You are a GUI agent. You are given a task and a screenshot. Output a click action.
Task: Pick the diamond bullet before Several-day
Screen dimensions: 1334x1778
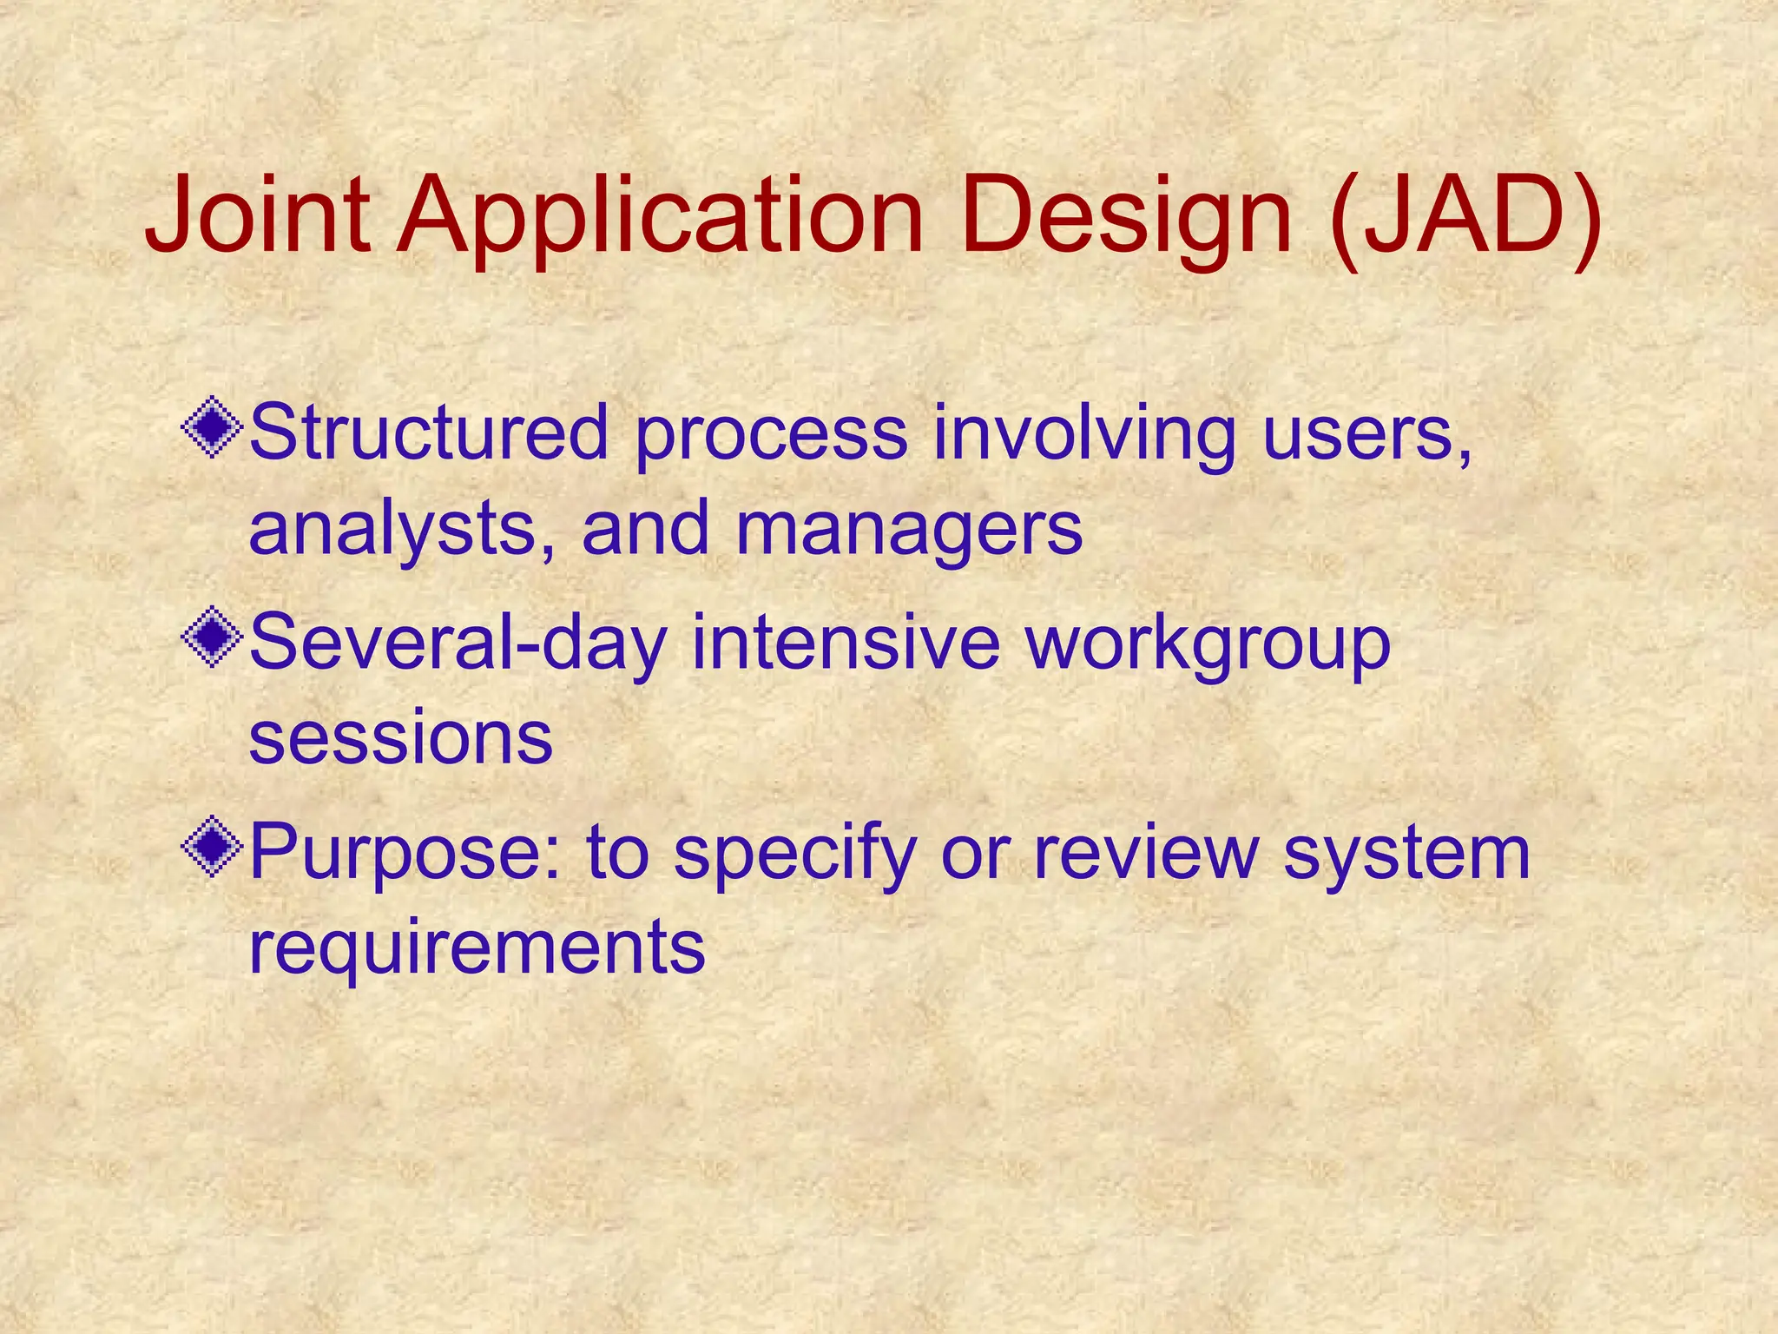tap(212, 638)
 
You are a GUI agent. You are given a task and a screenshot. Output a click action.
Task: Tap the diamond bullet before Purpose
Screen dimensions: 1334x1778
tap(212, 849)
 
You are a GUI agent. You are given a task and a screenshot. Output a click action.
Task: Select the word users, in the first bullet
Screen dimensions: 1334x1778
tap(1367, 434)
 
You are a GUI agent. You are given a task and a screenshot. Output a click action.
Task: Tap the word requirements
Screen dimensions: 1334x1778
tap(477, 948)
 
